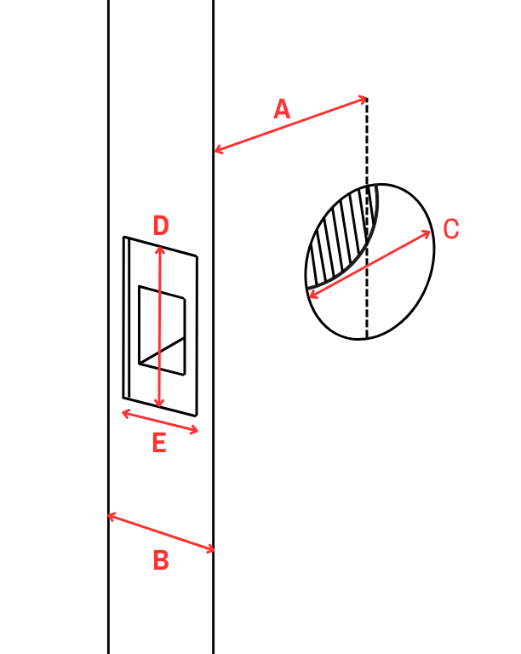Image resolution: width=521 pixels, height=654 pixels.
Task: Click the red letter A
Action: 282,109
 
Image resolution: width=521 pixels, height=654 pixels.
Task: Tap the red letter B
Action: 161,560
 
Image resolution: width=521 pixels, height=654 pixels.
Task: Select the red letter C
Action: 450,228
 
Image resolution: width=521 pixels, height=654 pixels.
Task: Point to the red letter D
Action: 161,226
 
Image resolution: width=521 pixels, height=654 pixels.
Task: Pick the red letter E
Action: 159,443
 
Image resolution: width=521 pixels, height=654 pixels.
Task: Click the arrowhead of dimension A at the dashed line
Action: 364,100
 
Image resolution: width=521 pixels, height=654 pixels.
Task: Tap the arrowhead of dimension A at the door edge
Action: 218,150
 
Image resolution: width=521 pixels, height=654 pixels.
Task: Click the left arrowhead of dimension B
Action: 112,517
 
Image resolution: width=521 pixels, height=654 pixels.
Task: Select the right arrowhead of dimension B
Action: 211,550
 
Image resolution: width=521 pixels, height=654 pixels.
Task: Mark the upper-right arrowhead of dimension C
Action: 427,233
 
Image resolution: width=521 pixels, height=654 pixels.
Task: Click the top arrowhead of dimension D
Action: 160,249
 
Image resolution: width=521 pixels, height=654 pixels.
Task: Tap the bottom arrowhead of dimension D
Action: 159,404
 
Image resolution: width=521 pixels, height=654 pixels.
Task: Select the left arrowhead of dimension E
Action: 125,413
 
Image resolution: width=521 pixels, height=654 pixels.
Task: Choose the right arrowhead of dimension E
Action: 194,430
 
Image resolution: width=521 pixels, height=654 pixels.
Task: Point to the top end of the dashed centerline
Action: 367,99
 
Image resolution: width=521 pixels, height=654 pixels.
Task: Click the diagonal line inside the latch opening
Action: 162,350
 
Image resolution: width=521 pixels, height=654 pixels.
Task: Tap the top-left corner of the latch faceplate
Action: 124,238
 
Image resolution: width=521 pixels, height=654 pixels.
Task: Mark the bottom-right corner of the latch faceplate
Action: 196,416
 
